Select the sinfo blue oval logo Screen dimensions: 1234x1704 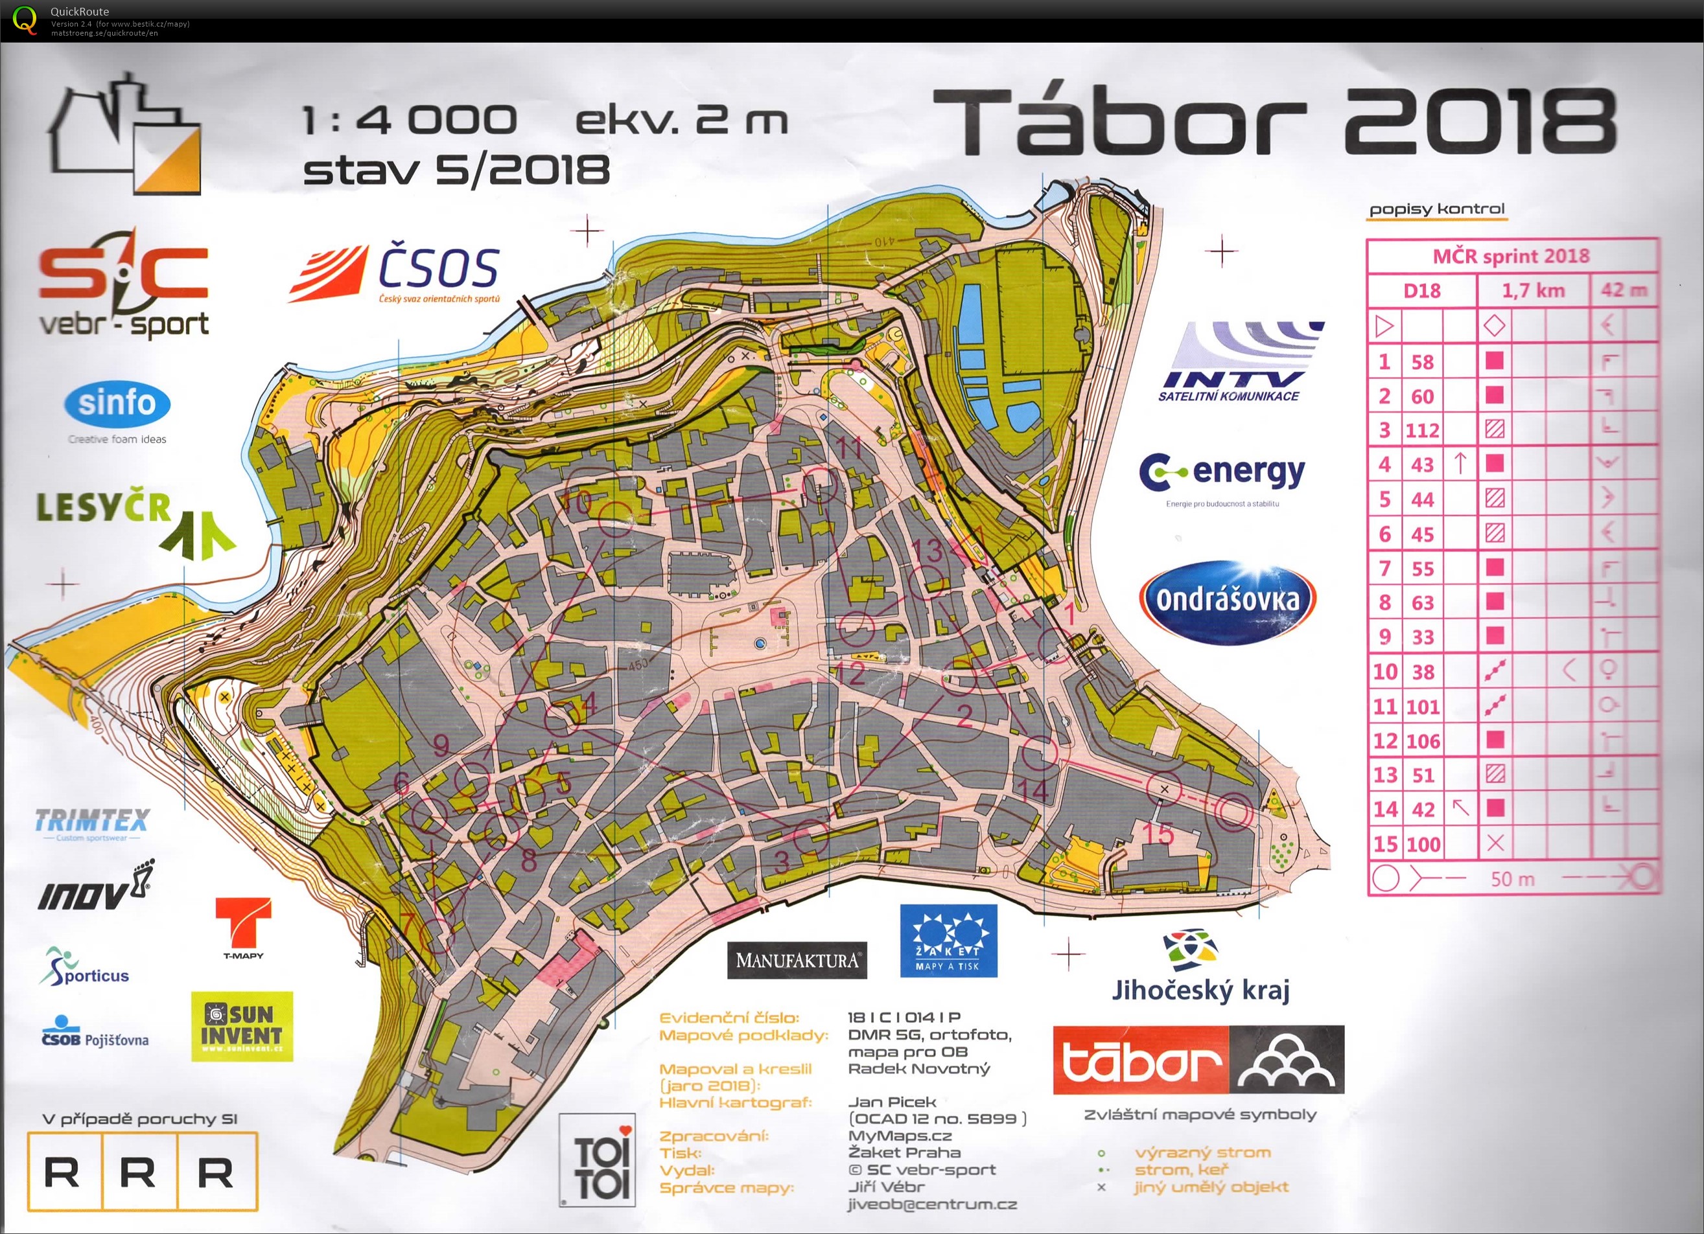(117, 404)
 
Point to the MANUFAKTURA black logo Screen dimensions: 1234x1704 (797, 960)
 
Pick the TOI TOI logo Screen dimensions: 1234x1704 (598, 1160)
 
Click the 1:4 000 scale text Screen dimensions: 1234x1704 (410, 120)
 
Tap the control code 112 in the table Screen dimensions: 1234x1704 (1421, 430)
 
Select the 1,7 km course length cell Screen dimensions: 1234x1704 (1533, 290)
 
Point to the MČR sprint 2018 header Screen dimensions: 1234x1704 (1511, 256)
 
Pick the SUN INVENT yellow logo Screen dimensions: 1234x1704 (241, 1025)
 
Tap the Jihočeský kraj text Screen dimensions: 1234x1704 (1200, 990)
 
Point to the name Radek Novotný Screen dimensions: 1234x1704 (918, 1068)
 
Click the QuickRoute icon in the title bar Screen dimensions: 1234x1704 (25, 19)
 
